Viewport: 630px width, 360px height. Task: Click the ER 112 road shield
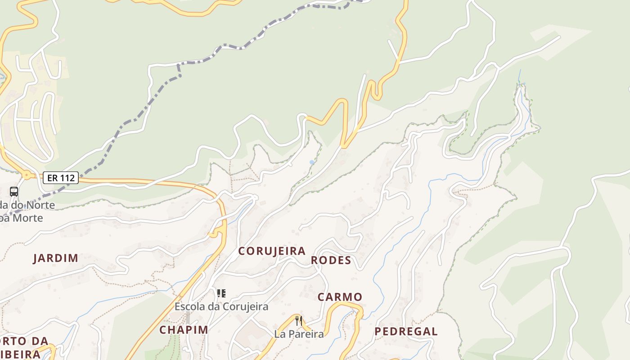tap(61, 178)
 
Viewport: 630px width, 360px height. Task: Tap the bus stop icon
tap(14, 192)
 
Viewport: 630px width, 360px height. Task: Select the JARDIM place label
tap(56, 258)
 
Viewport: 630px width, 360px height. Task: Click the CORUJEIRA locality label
tap(272, 251)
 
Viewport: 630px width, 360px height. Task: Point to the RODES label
tap(331, 261)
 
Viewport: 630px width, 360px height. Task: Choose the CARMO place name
tap(340, 297)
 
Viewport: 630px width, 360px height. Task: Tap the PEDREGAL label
tap(406, 332)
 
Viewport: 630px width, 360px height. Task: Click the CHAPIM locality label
tap(184, 330)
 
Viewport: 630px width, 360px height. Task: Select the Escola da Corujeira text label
tap(221, 307)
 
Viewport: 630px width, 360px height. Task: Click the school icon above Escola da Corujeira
tap(221, 294)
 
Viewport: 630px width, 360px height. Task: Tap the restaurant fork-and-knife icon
tap(298, 321)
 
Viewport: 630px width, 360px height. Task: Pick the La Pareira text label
tap(299, 334)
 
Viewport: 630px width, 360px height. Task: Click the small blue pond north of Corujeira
tap(312, 162)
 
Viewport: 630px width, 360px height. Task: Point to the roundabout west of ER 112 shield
tap(27, 175)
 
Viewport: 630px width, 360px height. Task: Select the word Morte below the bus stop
tap(27, 218)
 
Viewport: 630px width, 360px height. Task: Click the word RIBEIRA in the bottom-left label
tap(20, 354)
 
